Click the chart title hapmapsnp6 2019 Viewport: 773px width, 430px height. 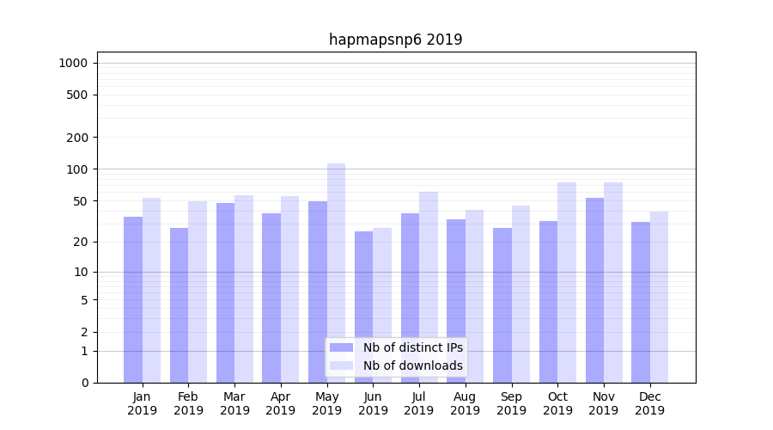point(395,40)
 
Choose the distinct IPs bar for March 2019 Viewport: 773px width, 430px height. point(225,292)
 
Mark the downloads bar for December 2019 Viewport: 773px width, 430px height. point(659,297)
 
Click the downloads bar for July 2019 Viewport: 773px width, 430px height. point(429,287)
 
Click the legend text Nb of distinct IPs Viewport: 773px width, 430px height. point(412,347)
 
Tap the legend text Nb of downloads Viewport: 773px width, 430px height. point(412,365)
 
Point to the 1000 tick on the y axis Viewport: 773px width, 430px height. point(73,63)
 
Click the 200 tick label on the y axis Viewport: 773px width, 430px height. point(77,138)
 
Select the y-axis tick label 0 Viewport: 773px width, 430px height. point(84,383)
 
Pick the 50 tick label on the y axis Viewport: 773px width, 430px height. point(81,201)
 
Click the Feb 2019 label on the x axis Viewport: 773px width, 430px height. point(188,403)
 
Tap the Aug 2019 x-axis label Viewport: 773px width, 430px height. point(465,403)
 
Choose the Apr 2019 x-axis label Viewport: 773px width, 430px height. point(281,403)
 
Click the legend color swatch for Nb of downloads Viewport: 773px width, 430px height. point(341,365)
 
